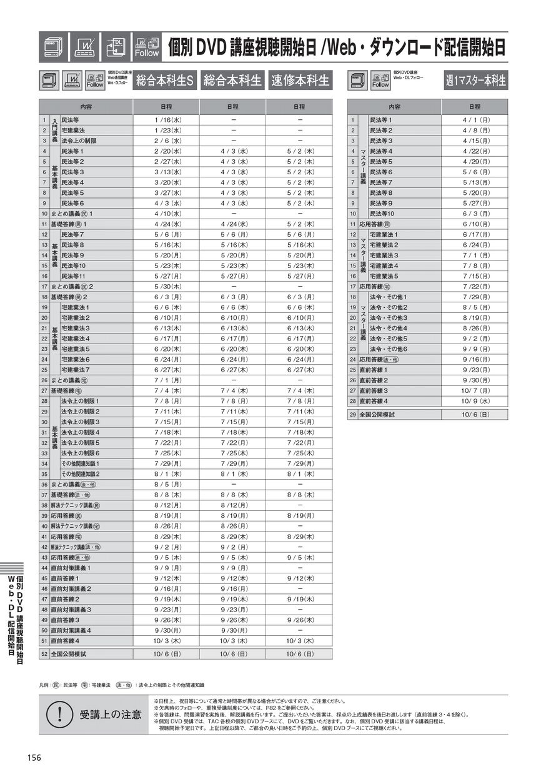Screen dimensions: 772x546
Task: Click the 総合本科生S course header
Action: (166, 81)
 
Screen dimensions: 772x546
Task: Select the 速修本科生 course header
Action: (300, 81)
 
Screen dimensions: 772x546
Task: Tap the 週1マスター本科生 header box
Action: (476, 81)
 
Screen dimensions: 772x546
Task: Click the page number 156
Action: (34, 757)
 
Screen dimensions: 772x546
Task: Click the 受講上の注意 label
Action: (110, 714)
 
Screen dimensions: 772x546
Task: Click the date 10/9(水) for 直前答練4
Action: (475, 401)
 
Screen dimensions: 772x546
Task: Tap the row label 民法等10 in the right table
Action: (382, 214)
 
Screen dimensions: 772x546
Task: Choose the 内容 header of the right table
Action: (394, 107)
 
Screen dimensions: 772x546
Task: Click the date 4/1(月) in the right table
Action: (475, 120)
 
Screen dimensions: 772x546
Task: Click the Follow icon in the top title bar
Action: (147, 47)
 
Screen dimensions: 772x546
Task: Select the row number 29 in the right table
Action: (353, 414)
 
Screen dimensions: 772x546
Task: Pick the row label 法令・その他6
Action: (388, 349)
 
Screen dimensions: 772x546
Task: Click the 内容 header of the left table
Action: (86, 107)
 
